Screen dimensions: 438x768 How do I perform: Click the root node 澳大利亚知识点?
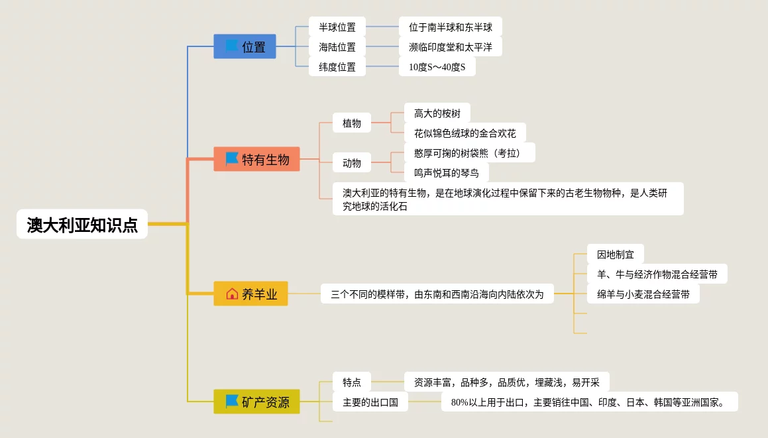[82, 225]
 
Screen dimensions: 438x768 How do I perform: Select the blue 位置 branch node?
[245, 46]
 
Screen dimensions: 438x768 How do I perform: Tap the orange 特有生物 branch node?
[256, 159]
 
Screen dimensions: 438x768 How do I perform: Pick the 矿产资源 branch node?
[256, 402]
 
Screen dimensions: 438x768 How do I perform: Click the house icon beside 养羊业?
[232, 294]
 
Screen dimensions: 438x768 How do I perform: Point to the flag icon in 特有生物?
[232, 159]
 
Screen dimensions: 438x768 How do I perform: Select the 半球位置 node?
[337, 27]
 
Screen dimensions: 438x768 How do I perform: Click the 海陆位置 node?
[337, 47]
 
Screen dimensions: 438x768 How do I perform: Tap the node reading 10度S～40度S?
[437, 67]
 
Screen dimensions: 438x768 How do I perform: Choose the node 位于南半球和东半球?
[451, 27]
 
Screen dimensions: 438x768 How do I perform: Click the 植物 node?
[352, 123]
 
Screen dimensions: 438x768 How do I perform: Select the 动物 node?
[352, 162]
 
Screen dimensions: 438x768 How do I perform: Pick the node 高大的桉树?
[437, 113]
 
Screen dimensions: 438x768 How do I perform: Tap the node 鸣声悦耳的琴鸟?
[447, 173]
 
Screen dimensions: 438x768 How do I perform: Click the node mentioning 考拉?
[469, 153]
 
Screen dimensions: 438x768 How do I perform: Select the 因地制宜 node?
[615, 254]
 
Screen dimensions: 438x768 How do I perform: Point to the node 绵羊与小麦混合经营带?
[643, 294]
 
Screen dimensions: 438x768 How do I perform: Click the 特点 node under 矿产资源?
[352, 382]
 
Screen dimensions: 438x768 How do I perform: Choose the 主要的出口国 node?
[370, 402]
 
